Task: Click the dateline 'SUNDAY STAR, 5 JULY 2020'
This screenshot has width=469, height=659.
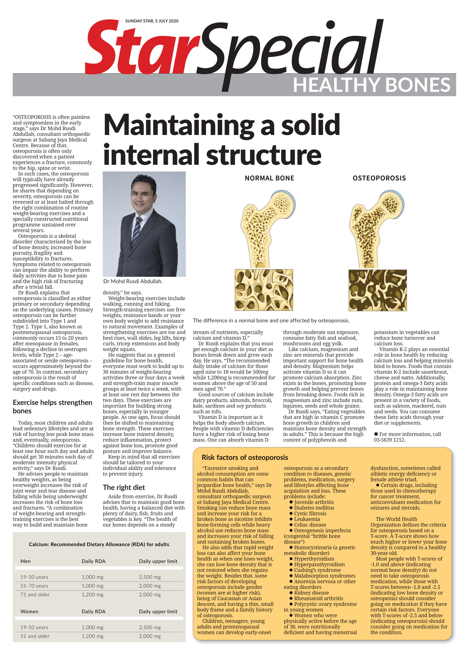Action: pos(152,21)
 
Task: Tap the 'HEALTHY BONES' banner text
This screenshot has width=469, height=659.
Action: pos(371,85)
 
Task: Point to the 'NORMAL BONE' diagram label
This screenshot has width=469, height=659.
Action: pos(269,178)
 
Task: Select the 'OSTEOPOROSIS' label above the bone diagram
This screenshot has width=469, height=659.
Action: pos(379,178)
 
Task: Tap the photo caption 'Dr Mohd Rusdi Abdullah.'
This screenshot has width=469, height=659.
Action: pos(133,281)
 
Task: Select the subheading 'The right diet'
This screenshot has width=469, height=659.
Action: pos(124,488)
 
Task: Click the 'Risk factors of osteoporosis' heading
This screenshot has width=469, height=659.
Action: pos(245,458)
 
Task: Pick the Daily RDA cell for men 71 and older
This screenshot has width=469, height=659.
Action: pos(92,595)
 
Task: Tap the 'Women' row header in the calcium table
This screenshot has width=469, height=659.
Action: pos(29,611)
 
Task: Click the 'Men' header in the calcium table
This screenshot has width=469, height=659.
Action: pos(25,561)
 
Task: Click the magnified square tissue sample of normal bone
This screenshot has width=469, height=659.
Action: pos(263,290)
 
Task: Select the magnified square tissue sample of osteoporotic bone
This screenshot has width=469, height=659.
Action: pos(377,290)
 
